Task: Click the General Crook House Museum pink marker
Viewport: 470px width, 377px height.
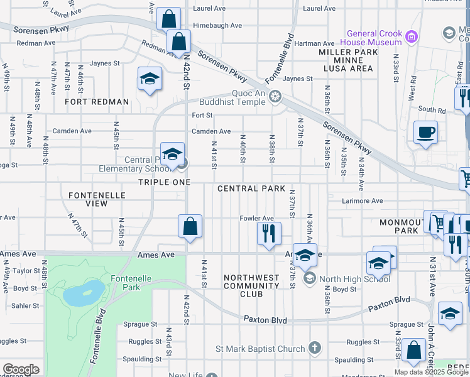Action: click(x=412, y=36)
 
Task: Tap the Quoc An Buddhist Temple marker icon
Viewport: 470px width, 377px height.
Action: click(x=275, y=97)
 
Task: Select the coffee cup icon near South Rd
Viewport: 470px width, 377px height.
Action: click(x=426, y=133)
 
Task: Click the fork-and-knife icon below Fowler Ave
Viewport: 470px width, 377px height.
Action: click(x=269, y=233)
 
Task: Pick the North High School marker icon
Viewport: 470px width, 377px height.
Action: click(x=309, y=277)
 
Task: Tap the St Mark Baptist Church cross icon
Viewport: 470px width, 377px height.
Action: click(x=315, y=349)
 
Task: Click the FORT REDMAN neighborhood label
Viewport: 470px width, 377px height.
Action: click(x=97, y=102)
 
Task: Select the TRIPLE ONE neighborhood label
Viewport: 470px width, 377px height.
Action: click(x=164, y=182)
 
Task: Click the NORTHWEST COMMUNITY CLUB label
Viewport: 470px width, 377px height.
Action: click(x=251, y=285)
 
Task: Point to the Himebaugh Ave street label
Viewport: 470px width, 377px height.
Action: click(x=217, y=26)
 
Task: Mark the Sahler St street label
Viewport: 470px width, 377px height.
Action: click(x=26, y=305)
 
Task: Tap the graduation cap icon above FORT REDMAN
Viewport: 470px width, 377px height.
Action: click(x=150, y=79)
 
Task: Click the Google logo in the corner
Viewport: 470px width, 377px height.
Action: click(x=20, y=369)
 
